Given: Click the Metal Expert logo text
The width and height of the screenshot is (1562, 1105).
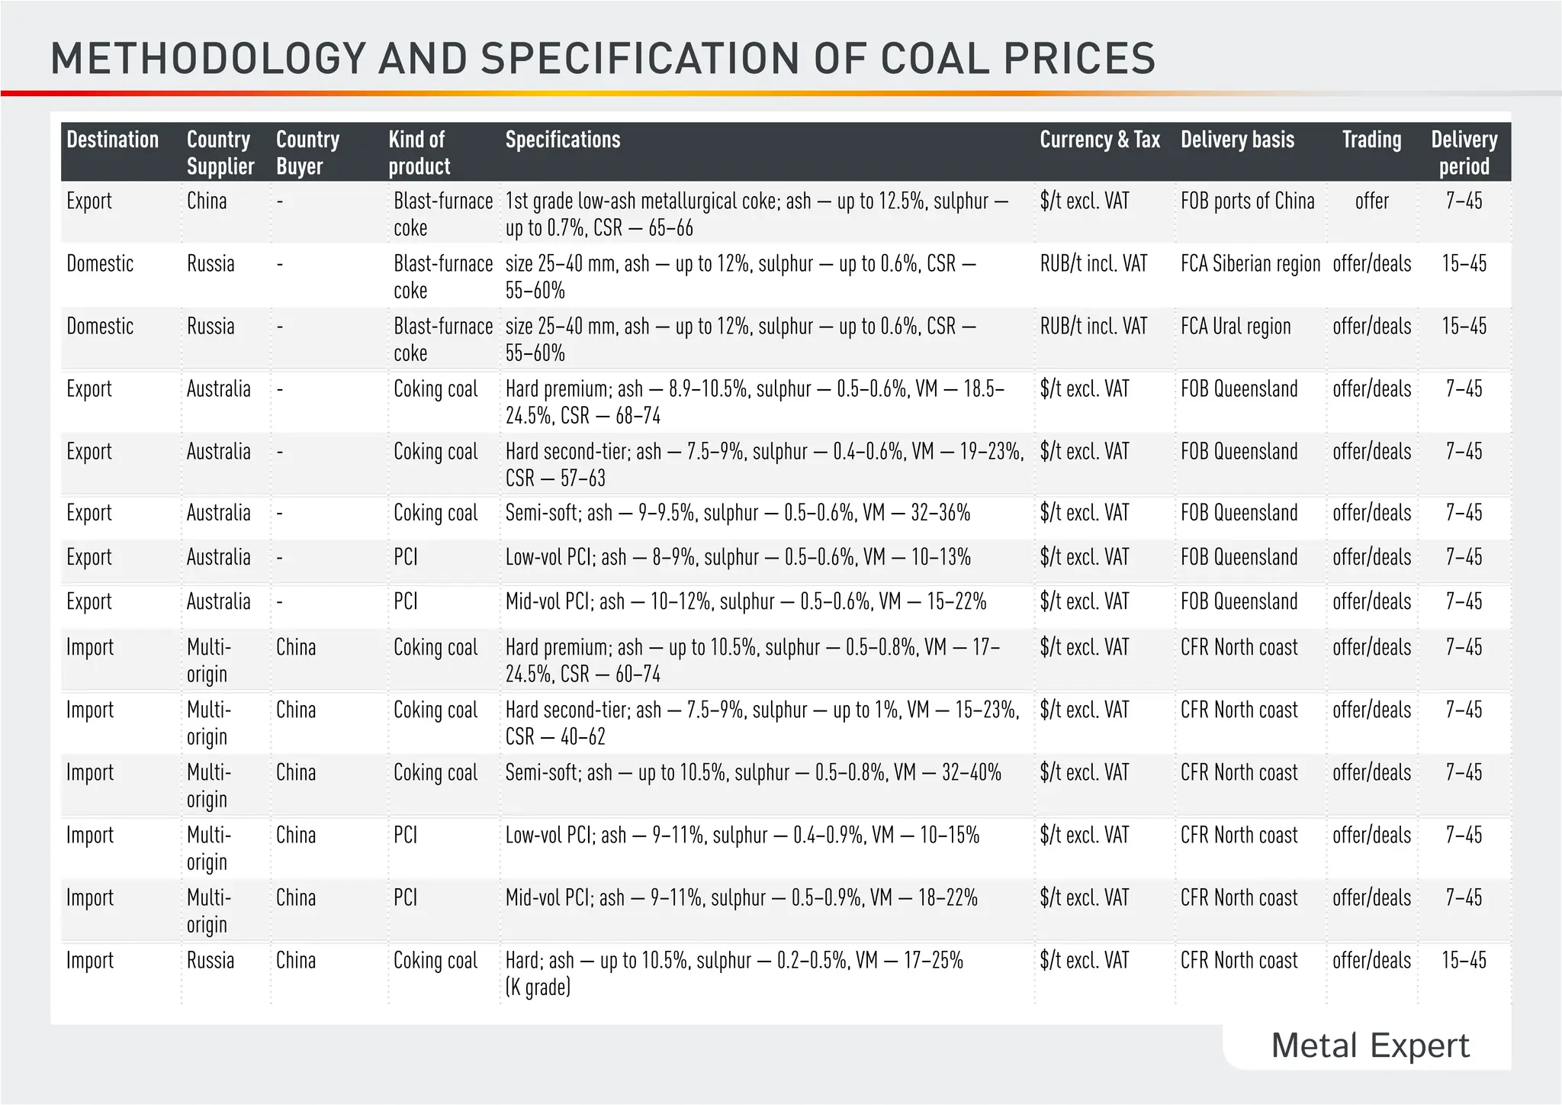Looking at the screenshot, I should [1370, 1045].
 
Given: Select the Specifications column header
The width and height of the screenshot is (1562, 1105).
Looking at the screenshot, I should [563, 140].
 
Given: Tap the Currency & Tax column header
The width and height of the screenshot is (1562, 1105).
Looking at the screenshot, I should [1099, 140].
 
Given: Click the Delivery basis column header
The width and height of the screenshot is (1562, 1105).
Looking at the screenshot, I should [1237, 140].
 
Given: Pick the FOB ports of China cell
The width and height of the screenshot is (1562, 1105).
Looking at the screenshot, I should [1247, 201].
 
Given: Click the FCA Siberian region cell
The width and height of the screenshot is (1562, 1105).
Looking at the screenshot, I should [1250, 264].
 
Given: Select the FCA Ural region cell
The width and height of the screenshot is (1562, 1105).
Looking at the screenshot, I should [1236, 327].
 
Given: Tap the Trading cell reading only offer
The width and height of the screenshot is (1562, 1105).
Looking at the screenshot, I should [1371, 201].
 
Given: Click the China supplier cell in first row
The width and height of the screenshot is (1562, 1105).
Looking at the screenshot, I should [207, 201].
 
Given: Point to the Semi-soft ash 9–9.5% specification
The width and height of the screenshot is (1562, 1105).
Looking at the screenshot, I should [738, 513].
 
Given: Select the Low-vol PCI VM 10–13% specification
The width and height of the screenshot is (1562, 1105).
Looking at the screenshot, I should [738, 557].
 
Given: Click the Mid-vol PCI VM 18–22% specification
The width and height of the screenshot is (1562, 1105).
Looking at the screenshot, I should [741, 897].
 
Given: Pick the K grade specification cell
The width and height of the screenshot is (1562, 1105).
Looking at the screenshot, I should [734, 973].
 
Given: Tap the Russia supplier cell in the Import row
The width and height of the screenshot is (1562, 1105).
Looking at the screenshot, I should [211, 960].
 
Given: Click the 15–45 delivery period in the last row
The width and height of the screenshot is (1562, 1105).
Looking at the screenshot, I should [1464, 960].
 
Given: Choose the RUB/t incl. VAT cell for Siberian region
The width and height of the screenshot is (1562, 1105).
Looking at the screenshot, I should [1093, 264].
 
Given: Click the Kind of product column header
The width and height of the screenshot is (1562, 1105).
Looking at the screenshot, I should [419, 153].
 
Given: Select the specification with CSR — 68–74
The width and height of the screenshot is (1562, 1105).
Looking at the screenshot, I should [754, 402].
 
